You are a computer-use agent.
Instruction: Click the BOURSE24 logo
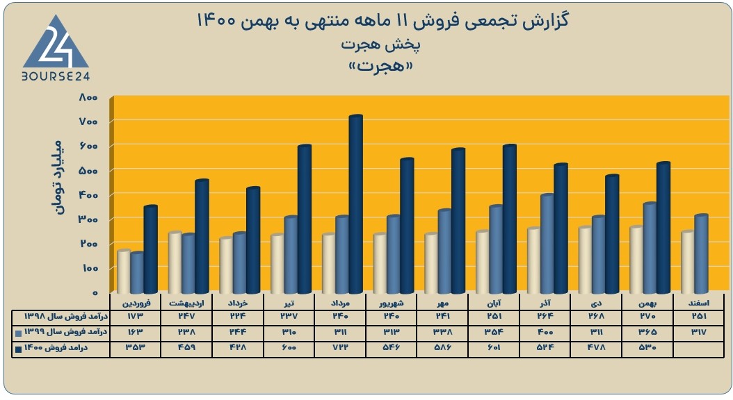pos(56,48)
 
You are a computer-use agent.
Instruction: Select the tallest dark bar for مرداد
pos(356,204)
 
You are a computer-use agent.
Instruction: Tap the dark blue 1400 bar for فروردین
pos(150,249)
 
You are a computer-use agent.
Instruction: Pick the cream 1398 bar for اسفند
pos(688,261)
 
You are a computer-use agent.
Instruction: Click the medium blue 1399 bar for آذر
pos(547,244)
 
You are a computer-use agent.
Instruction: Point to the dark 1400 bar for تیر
pos(305,219)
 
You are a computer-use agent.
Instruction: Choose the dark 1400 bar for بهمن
pos(663,228)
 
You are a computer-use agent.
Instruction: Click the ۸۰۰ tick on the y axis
pos(88,97)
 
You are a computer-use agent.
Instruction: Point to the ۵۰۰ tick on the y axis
pos(88,171)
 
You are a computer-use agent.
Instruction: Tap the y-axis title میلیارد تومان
pos(58,177)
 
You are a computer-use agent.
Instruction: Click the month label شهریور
pos(392,303)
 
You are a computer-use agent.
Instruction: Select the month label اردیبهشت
pos(186,303)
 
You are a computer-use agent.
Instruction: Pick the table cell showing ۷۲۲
pos(340,348)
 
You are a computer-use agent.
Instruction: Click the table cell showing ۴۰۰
pos(545,332)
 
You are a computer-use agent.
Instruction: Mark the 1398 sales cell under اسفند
pos(699,316)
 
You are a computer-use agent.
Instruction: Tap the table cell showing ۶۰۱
pos(494,348)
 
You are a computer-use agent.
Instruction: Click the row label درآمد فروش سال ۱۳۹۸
pos(66,317)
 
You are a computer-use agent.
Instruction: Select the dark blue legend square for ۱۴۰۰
pos(18,349)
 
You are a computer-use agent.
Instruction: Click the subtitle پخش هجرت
pos(380,45)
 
